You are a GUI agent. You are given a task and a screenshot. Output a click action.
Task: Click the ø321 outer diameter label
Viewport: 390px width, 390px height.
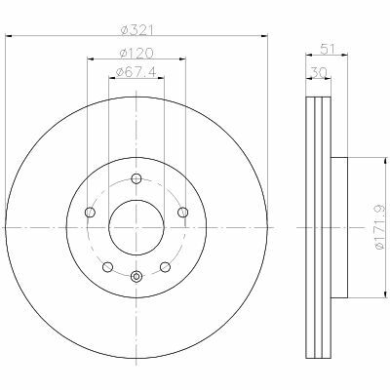point(136,30)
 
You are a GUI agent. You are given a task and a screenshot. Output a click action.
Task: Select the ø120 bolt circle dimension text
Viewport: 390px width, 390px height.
point(136,53)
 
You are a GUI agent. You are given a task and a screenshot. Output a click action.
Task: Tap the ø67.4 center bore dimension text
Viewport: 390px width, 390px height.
point(136,72)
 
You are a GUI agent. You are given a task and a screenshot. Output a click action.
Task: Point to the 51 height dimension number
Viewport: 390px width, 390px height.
point(328,49)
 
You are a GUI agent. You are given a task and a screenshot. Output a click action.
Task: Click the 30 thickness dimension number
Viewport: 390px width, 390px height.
point(319,72)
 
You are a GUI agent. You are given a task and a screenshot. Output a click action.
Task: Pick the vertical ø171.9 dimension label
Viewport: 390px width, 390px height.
point(380,227)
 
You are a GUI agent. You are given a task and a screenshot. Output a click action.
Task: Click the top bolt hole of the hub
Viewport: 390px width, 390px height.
point(136,178)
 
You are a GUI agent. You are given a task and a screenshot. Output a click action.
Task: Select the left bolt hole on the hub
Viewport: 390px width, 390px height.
point(90,213)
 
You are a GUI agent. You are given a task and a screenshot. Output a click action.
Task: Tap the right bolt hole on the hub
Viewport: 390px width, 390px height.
point(183,213)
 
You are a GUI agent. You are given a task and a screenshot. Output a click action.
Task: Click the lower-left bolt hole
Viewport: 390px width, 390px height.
point(107,267)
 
